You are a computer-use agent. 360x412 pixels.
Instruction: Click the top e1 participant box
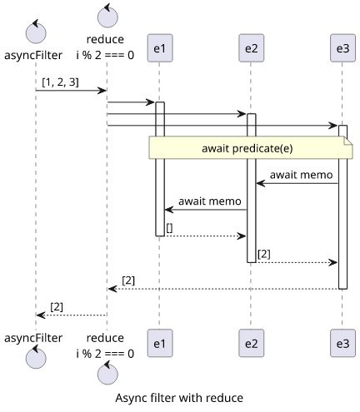[x=160, y=48]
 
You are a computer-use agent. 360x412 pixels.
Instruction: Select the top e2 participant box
[x=251, y=48]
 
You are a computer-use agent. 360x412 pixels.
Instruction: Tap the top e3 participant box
[x=342, y=48]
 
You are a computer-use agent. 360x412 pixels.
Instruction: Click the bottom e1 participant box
[x=160, y=343]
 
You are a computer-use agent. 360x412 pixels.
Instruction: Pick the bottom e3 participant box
[x=342, y=343]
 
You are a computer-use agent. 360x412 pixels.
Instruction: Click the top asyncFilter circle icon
[x=36, y=32]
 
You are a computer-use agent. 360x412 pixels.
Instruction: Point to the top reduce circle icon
[x=107, y=16]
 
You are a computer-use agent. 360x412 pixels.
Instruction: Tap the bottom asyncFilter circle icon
[x=36, y=357]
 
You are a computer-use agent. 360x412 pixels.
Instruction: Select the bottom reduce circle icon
[x=107, y=373]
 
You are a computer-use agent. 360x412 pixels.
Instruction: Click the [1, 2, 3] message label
[x=60, y=82]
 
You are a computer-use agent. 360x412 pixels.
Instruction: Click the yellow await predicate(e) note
[x=251, y=147]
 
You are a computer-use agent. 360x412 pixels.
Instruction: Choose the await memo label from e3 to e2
[x=301, y=175]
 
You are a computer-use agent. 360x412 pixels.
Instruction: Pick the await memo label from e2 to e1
[x=210, y=201]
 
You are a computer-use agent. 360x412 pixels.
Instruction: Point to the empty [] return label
[x=169, y=228]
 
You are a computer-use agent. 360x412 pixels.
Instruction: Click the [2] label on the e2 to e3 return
[x=264, y=254]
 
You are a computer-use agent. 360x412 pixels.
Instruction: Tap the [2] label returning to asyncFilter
[x=57, y=307]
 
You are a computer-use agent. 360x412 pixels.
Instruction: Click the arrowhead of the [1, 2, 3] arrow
[x=102, y=91]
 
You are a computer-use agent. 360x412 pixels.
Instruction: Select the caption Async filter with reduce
[x=179, y=398]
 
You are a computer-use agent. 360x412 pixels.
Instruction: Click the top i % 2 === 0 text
[x=105, y=55]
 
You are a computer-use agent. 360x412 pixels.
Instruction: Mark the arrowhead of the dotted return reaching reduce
[x=112, y=289]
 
